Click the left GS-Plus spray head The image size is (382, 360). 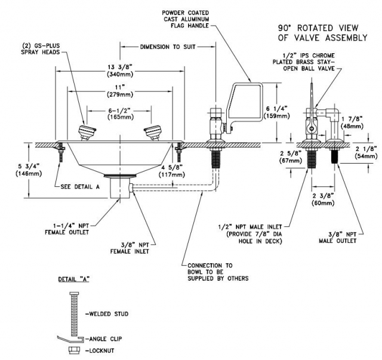point(87,133)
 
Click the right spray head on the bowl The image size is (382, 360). point(153,133)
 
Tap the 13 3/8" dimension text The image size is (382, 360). point(120,70)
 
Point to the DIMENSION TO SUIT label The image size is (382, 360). point(168,47)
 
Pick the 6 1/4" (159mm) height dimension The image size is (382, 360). point(278,112)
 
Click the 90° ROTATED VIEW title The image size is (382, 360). point(322,33)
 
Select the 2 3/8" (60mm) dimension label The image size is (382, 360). point(323,199)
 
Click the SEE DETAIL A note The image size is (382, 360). point(80,187)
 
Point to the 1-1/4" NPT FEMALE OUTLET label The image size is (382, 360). point(67,229)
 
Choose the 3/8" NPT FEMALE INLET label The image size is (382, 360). point(130,248)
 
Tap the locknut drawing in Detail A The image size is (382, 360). point(74,350)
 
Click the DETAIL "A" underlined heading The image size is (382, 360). point(74,279)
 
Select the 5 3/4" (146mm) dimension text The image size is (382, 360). point(29,170)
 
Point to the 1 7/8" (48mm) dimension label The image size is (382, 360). point(352,122)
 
